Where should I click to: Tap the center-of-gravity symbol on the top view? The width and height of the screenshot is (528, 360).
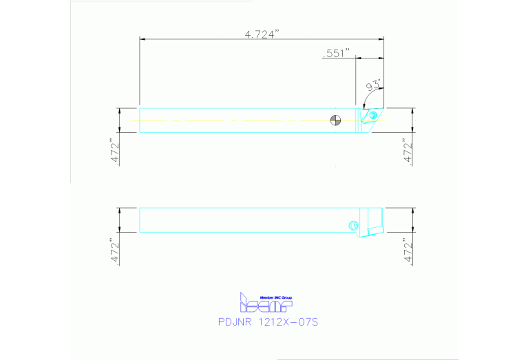tap(335, 120)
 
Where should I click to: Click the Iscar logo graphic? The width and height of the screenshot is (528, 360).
tap(266, 304)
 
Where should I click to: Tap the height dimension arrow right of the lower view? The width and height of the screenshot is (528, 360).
tap(413, 220)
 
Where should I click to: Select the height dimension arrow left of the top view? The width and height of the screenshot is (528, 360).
tap(121, 120)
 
